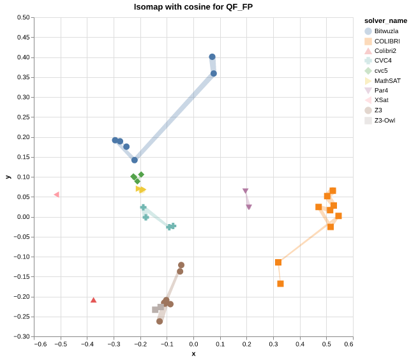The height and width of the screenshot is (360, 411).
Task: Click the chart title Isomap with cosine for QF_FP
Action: [x=193, y=7]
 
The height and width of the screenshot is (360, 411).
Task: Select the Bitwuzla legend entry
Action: [x=386, y=31]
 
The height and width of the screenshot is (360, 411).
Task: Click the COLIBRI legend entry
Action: [x=387, y=41]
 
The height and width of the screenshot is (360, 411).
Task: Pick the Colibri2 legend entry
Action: [x=385, y=51]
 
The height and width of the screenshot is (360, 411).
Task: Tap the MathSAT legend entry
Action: [x=387, y=80]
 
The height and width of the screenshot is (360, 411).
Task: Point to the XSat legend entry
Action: [x=381, y=100]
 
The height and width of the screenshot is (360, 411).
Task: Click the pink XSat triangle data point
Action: [x=56, y=195]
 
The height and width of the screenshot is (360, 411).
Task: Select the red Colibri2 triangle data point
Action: [x=93, y=300]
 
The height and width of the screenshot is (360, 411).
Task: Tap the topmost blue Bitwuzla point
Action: [x=212, y=57]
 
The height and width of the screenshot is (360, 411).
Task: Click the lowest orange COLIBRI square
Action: [x=280, y=283]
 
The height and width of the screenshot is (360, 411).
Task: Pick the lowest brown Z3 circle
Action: [x=160, y=321]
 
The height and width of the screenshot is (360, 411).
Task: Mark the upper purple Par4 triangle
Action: [x=245, y=191]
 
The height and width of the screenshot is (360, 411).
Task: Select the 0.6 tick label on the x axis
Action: [x=348, y=345]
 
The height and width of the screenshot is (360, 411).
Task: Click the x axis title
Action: [x=193, y=354]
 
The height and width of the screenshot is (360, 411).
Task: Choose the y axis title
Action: [x=8, y=177]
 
